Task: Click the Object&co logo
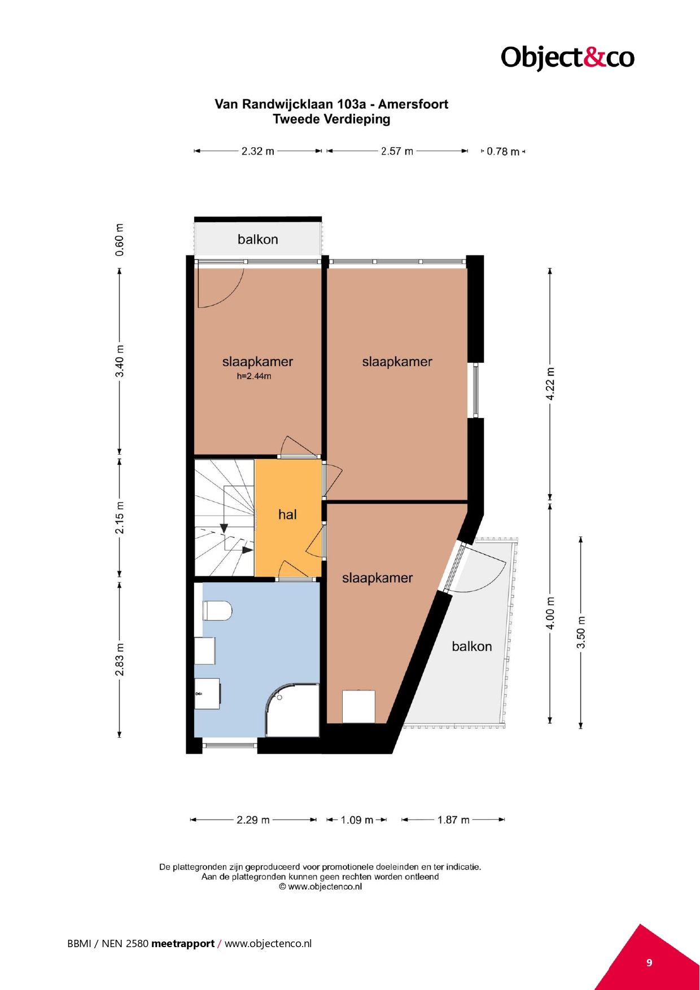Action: pyautogui.click(x=567, y=57)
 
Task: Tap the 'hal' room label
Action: pyautogui.click(x=287, y=514)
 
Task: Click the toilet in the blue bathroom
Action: pyautogui.click(x=217, y=610)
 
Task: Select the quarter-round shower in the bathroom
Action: pyautogui.click(x=292, y=710)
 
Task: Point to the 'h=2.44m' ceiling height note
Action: pyautogui.click(x=254, y=376)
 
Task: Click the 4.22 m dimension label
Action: pyautogui.click(x=550, y=384)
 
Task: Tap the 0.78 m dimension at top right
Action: pyautogui.click(x=503, y=151)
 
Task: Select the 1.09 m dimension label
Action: pyautogui.click(x=357, y=820)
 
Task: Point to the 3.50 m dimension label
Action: pyautogui.click(x=581, y=632)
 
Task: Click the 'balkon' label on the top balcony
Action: pyautogui.click(x=258, y=239)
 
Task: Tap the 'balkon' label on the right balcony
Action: pyautogui.click(x=472, y=646)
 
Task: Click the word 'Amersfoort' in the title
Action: pyautogui.click(x=413, y=104)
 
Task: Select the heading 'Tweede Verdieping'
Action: pyautogui.click(x=331, y=119)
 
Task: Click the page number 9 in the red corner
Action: pyautogui.click(x=649, y=962)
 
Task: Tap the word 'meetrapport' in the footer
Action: pyautogui.click(x=183, y=943)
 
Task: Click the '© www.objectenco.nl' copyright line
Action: pyautogui.click(x=320, y=886)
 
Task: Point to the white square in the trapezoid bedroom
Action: pyautogui.click(x=359, y=706)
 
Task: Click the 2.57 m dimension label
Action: pyautogui.click(x=397, y=151)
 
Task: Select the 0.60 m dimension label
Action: pyautogui.click(x=120, y=240)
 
